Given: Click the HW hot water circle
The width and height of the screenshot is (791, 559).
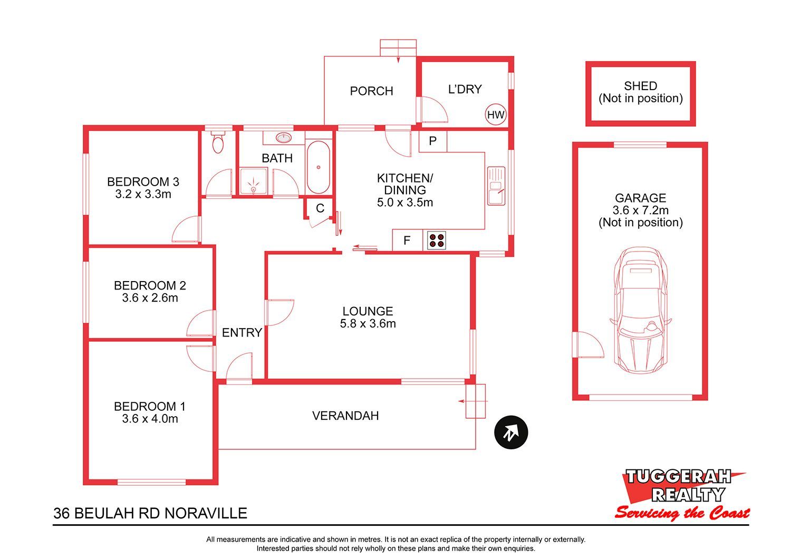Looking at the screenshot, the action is point(496,114).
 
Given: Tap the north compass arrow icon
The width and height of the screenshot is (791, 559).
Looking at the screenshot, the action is point(511,432).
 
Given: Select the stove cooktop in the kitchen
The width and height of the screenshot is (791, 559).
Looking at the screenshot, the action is point(437,240).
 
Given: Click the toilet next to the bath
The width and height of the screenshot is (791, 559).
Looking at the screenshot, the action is point(218,142).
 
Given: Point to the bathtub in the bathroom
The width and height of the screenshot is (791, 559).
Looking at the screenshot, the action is point(318,167).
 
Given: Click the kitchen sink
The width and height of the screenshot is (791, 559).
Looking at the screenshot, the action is point(496,186).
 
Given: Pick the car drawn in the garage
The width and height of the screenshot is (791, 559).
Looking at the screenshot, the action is point(641,310).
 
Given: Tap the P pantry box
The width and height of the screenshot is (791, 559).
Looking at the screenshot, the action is point(433,141).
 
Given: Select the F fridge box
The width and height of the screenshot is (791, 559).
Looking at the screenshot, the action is point(408,240).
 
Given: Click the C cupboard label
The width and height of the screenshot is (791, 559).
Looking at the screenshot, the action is point(320,208).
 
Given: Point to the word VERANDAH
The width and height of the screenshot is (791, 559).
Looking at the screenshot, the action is point(345,416).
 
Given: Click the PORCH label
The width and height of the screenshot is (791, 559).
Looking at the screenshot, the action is point(371,91).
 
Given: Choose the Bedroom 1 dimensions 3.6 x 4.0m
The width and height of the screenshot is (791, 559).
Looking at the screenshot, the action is point(150,419).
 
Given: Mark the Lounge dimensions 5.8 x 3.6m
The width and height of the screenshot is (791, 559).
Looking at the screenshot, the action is point(368,323).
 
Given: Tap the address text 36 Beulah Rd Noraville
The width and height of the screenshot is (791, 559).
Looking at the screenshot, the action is point(150,513).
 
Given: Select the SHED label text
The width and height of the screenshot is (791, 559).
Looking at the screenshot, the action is point(641,86).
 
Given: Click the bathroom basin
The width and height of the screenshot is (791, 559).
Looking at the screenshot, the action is point(284,138).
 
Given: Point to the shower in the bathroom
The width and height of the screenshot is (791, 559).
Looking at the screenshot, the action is point(254,181).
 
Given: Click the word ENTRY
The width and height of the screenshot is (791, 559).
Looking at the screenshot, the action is point(242,333).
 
